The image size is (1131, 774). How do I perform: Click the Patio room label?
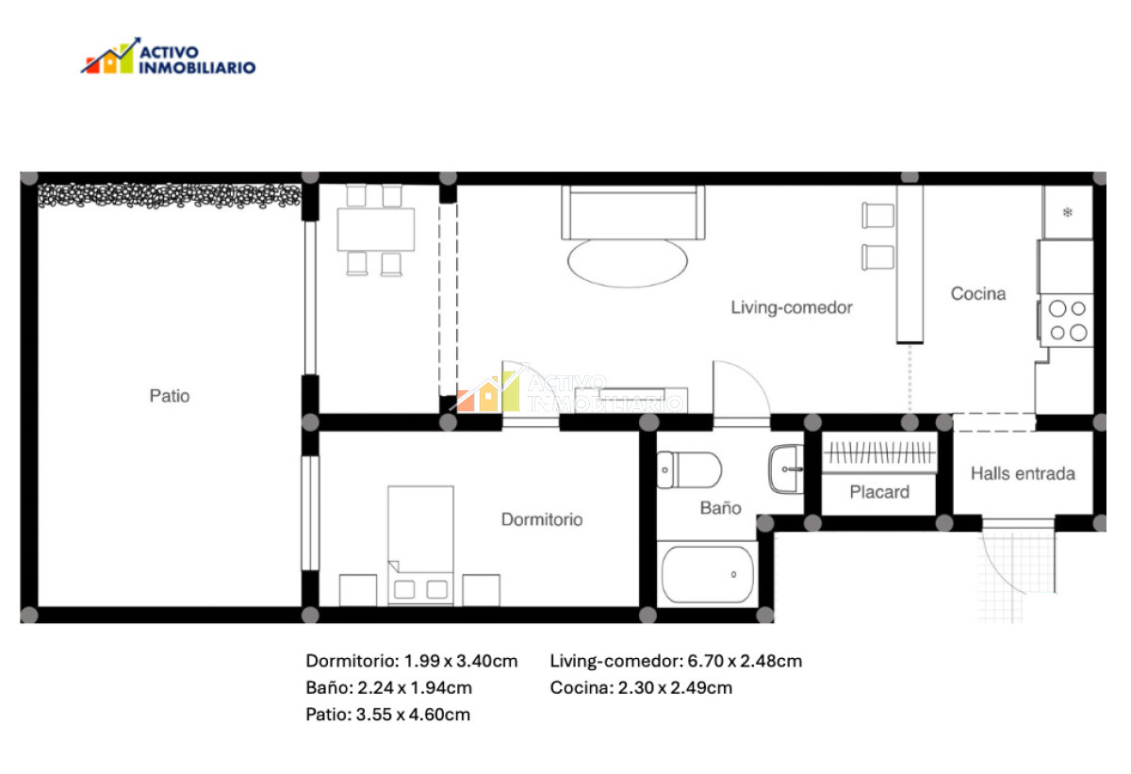170,396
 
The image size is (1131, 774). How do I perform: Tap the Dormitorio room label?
541,519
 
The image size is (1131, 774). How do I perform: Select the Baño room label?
720,508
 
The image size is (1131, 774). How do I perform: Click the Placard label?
879,492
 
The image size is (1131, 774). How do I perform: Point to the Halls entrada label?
1023,473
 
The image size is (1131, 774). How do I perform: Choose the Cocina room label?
977,294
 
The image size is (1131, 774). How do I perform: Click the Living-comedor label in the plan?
792,307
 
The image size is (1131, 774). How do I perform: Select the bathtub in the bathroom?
708,574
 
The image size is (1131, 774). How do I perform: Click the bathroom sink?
786,469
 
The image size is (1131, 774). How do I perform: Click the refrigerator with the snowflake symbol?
1068,212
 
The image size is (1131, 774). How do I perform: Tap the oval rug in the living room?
628,261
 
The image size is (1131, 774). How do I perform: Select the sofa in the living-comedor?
632,212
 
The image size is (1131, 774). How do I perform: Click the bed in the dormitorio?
420,544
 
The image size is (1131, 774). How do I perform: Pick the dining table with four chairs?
375,229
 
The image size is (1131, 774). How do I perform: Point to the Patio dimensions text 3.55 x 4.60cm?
387,715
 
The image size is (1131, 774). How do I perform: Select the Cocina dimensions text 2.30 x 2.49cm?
641,687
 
